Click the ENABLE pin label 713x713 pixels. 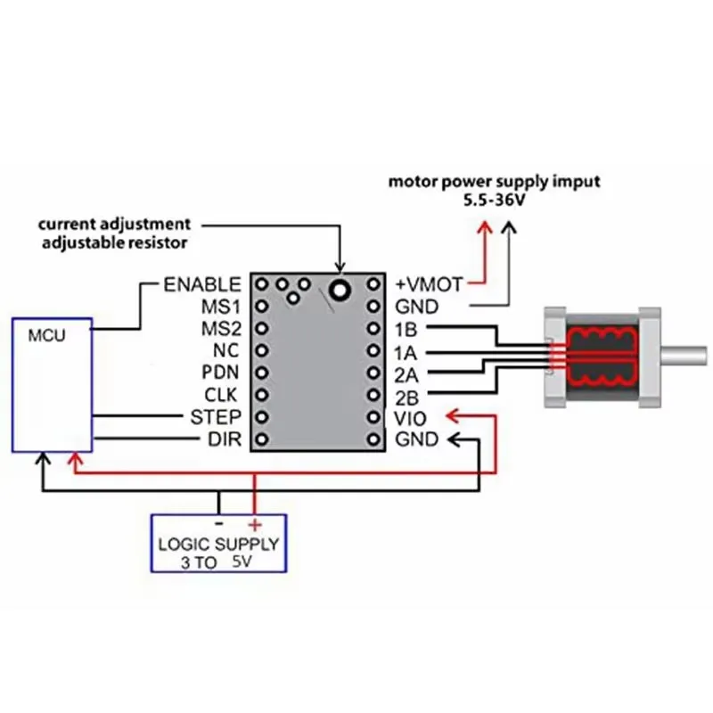(x=202, y=285)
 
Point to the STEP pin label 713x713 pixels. (x=216, y=417)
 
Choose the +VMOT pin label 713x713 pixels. (x=429, y=285)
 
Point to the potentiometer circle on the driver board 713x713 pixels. (x=339, y=288)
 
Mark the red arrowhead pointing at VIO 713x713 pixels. (x=452, y=416)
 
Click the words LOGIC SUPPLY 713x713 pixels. (x=218, y=544)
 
